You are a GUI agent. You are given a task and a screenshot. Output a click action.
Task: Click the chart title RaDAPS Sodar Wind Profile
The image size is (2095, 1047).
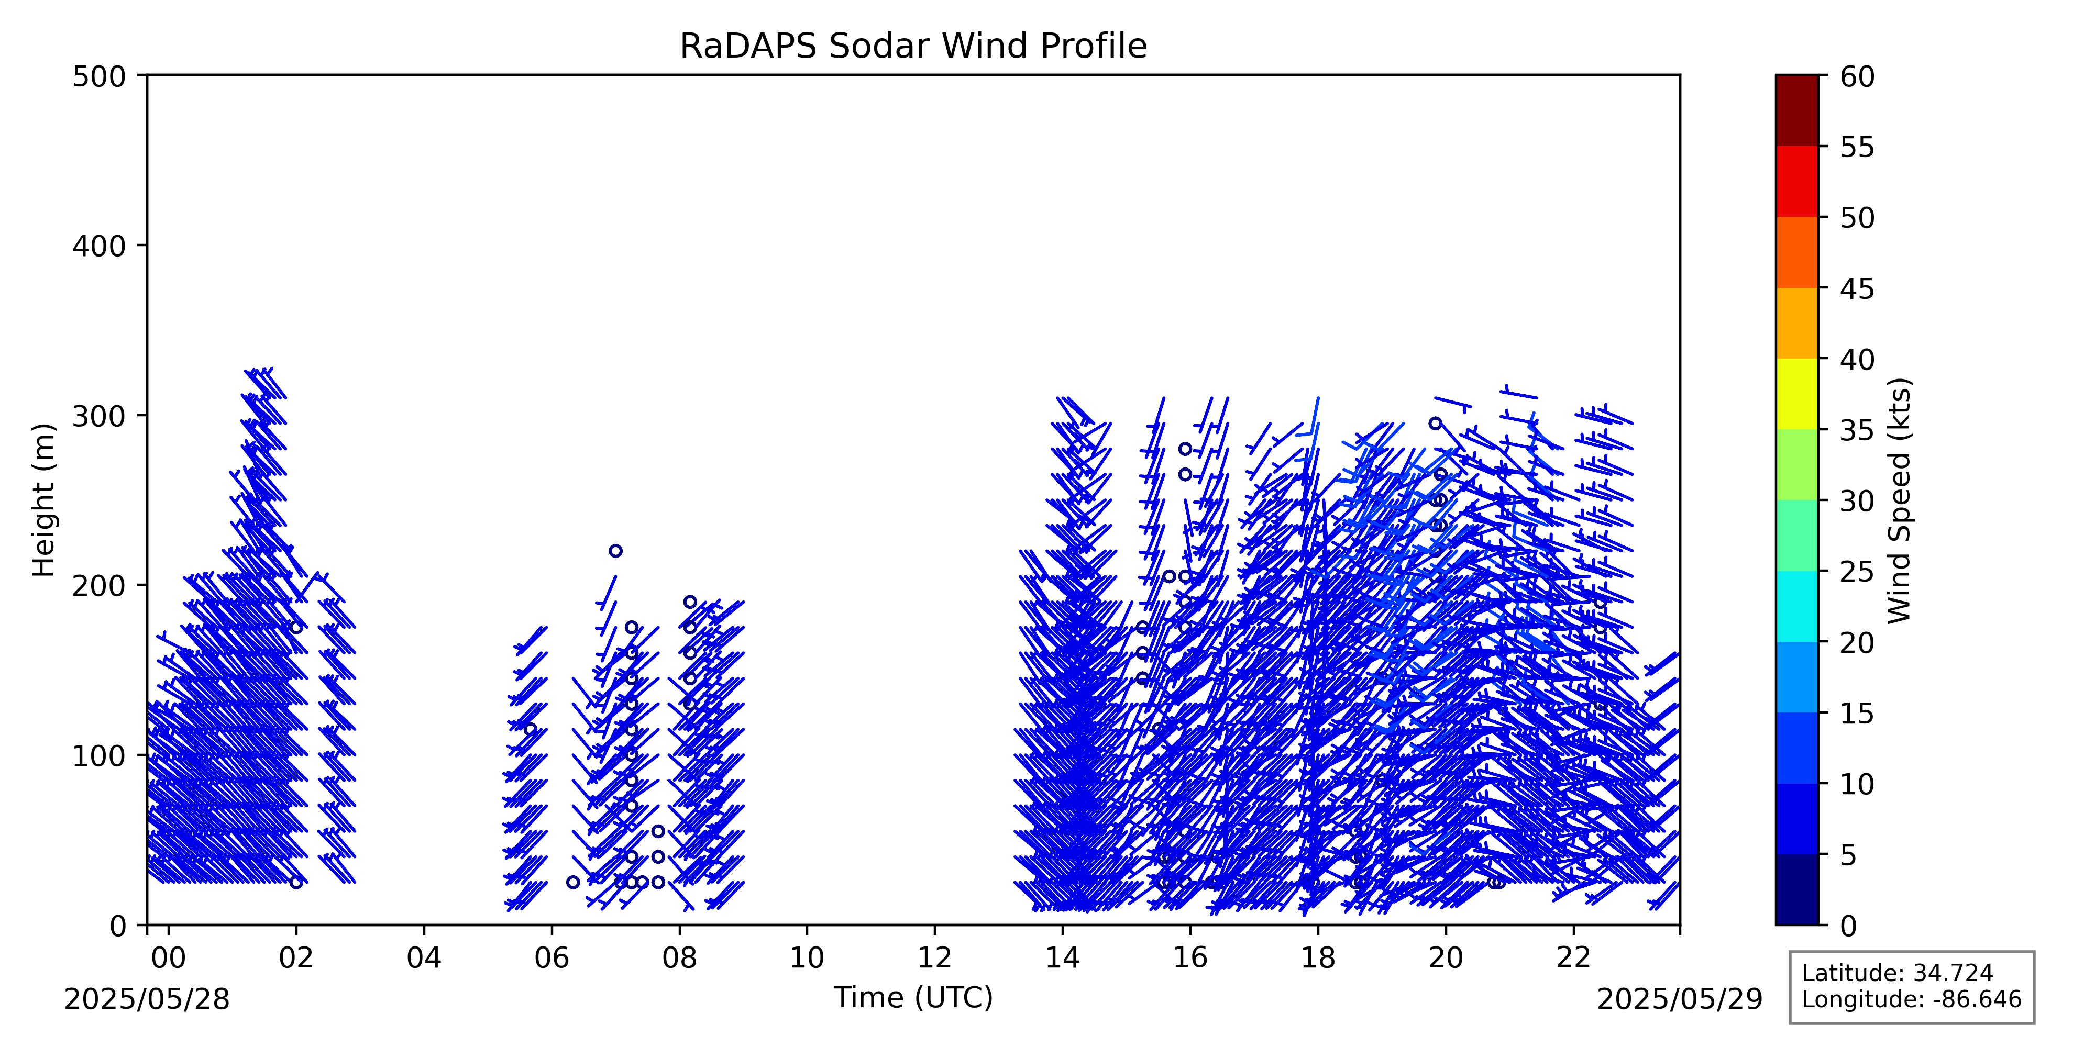pyautogui.click(x=913, y=47)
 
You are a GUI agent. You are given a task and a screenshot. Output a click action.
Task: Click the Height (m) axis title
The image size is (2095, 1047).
pyautogui.click(x=44, y=500)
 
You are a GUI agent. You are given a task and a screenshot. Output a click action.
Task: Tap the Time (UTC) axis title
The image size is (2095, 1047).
pyautogui.click(x=913, y=997)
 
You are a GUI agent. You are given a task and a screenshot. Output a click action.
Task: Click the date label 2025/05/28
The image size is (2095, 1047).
pyautogui.click(x=147, y=999)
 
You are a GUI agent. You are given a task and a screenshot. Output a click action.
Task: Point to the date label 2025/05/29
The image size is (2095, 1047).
pyautogui.click(x=1680, y=999)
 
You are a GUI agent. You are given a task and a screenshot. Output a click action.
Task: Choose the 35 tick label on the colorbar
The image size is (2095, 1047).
pyautogui.click(x=1858, y=430)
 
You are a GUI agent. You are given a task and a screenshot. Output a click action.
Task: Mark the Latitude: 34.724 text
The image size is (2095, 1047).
pyautogui.click(x=1898, y=973)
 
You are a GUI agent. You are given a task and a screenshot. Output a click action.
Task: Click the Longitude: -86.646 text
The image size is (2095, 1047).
pyautogui.click(x=1911, y=999)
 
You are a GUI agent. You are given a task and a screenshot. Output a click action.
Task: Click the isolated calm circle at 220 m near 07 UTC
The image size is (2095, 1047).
pyautogui.click(x=615, y=551)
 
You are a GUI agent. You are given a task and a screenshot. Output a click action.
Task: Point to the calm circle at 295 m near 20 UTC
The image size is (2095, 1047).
pyautogui.click(x=1436, y=424)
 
